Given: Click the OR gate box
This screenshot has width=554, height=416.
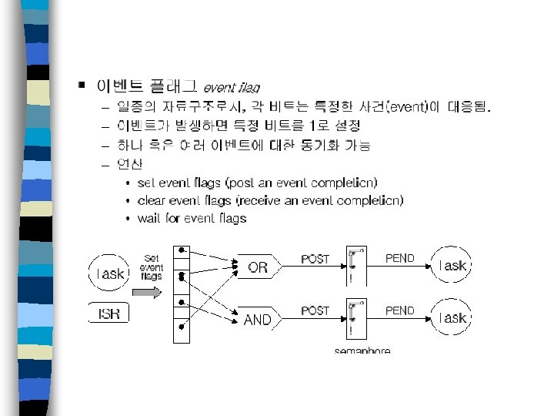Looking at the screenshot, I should click(x=258, y=268).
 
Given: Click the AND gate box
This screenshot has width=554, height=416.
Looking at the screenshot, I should click(x=258, y=319).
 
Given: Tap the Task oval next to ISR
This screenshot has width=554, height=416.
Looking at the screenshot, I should click(x=109, y=273).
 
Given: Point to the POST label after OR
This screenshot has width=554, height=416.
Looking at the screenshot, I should click(x=315, y=259).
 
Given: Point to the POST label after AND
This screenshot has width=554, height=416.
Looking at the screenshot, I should click(x=315, y=310).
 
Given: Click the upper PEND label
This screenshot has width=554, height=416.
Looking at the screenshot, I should click(x=400, y=259).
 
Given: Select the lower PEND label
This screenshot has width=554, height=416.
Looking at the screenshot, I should click(x=400, y=310).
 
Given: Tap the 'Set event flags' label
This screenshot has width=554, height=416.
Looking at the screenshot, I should click(x=151, y=267).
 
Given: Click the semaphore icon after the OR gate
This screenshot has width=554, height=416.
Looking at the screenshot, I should click(x=353, y=266).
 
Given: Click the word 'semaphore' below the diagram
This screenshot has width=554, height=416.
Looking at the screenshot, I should click(x=362, y=351).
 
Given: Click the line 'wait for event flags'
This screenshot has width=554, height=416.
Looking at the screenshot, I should click(x=192, y=218).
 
